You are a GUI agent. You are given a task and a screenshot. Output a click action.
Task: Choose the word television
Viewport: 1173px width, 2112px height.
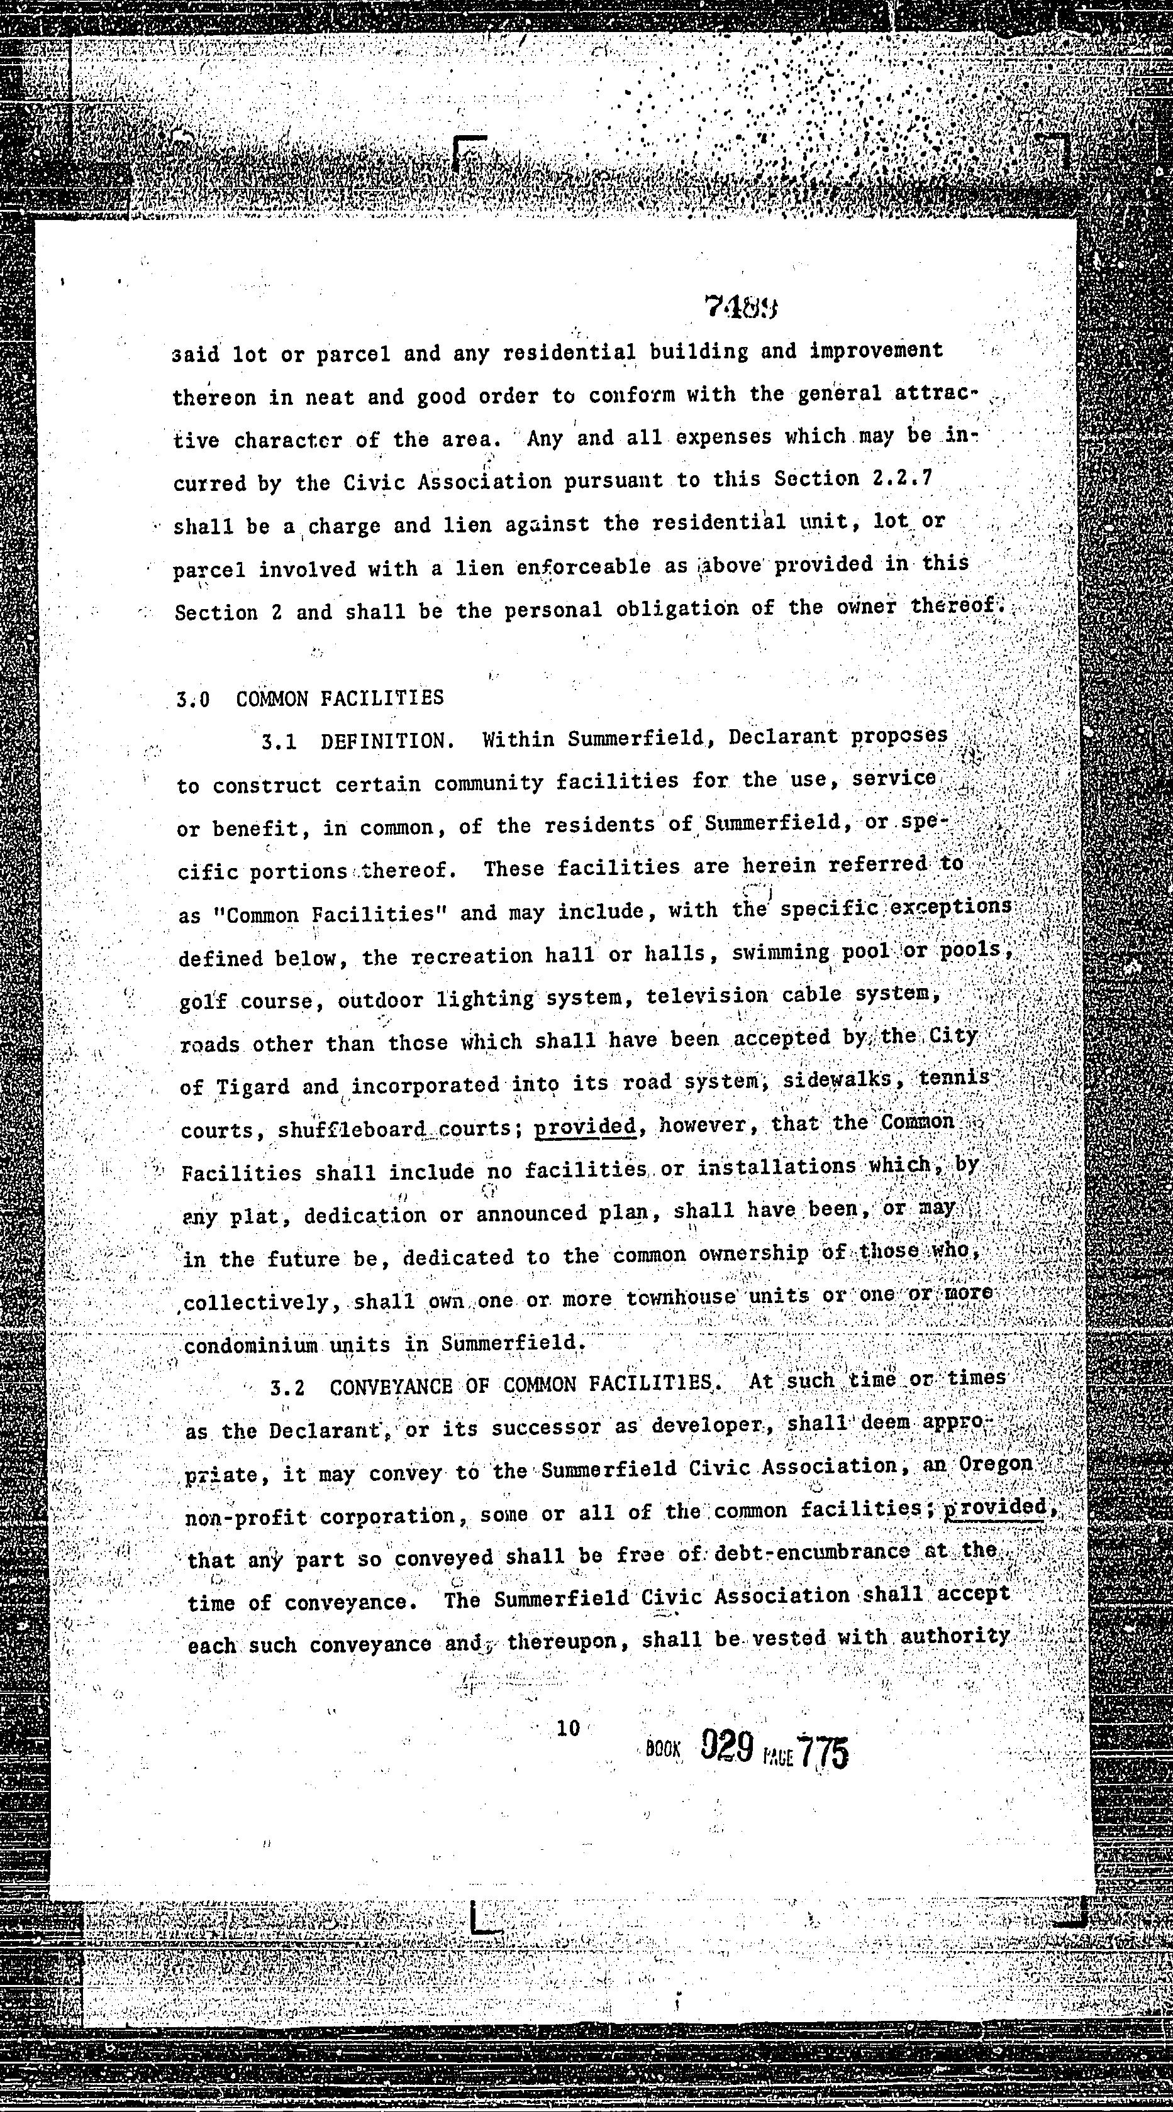pyautogui.click(x=707, y=996)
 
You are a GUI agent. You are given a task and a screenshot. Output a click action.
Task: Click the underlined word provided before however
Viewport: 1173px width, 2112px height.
pyautogui.click(x=585, y=1126)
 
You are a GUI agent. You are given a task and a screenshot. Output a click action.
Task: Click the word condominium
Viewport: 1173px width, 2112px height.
pyautogui.click(x=250, y=1345)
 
